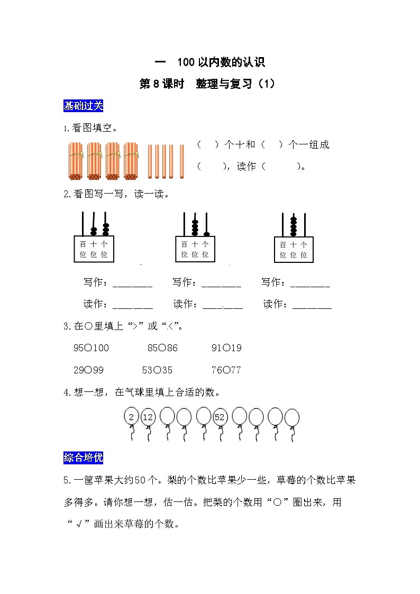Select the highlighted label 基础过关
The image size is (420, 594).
click(x=83, y=106)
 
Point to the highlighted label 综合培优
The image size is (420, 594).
click(x=83, y=458)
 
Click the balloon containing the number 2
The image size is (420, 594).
click(x=131, y=417)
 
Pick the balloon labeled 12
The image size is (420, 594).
click(x=148, y=417)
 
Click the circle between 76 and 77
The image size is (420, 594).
click(x=226, y=370)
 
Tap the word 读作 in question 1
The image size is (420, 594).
click(x=246, y=167)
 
